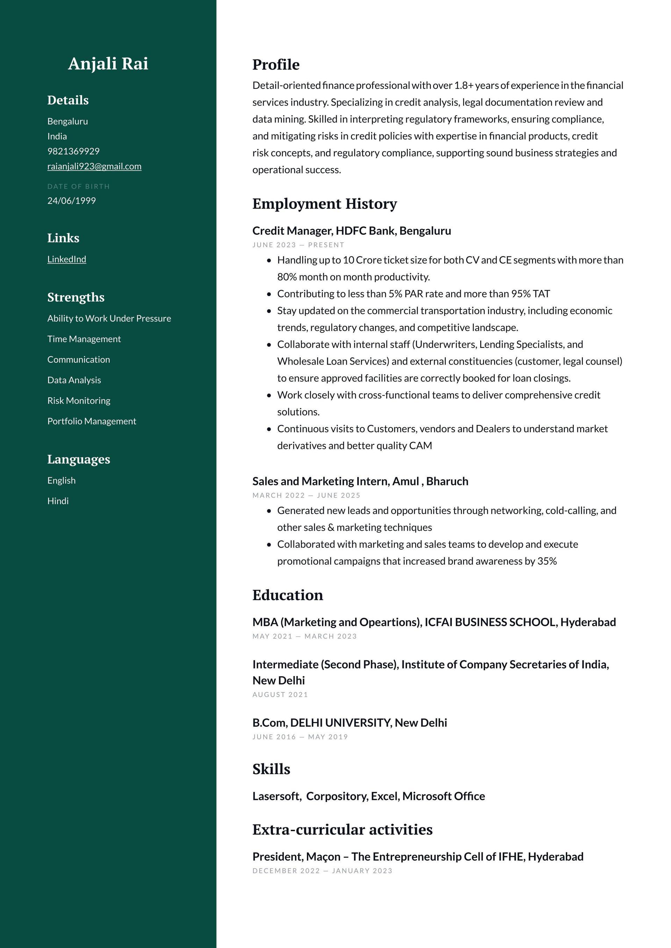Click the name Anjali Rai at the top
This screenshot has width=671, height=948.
(x=108, y=64)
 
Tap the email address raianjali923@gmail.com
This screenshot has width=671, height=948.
(x=94, y=167)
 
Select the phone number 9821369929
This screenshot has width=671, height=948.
(x=73, y=151)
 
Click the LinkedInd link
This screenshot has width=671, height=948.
(x=66, y=259)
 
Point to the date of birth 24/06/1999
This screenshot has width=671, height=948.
(x=72, y=201)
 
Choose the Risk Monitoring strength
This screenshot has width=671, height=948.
(x=79, y=400)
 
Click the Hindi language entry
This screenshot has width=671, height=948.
(x=58, y=501)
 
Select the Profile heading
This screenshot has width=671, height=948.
(x=276, y=65)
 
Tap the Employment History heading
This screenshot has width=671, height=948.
(x=324, y=204)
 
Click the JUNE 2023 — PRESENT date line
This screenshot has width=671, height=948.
(x=298, y=245)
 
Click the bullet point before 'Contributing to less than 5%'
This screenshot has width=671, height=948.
(x=269, y=294)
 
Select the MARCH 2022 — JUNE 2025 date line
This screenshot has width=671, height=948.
(x=306, y=495)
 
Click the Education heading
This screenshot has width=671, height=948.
(x=288, y=595)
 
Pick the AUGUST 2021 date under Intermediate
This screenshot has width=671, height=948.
(x=280, y=695)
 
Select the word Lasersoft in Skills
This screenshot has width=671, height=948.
(x=276, y=796)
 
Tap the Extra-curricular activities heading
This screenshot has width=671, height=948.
(x=342, y=830)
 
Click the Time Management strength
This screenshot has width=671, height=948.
(x=84, y=339)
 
